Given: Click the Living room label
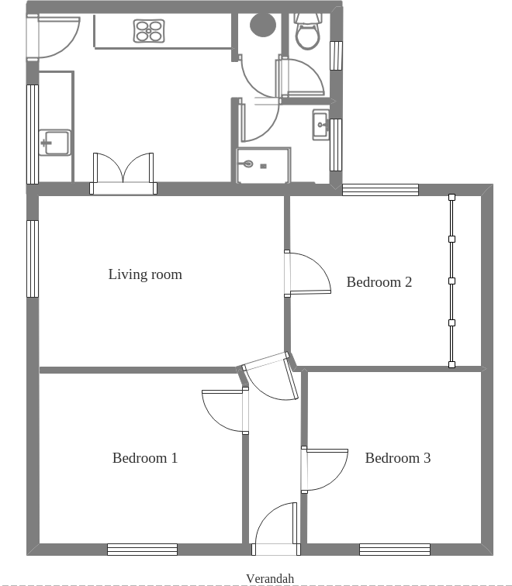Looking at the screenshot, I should coord(145,274).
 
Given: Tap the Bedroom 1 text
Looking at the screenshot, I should coord(145,458).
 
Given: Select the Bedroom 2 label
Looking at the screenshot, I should coord(379,282).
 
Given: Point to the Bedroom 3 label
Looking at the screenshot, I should coord(397,458).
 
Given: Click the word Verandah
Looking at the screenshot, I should coord(270,578).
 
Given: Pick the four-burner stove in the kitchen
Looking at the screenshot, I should coord(149,31).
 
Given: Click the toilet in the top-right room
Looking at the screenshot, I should coord(308,32).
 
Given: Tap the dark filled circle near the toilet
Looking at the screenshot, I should coord(263,24).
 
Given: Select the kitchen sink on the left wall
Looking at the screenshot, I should coord(56,143).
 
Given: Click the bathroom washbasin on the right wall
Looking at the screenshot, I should coord(320,125).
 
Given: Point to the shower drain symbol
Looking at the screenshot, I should coord(247,164).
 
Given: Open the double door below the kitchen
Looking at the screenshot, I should coord(123,171).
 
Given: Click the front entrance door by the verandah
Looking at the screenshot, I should coord(276,527).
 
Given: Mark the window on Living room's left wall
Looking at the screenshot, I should coord(33,259).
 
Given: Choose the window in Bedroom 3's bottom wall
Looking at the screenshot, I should coord(395,550).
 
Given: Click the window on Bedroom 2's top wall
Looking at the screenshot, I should coord(380,190).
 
